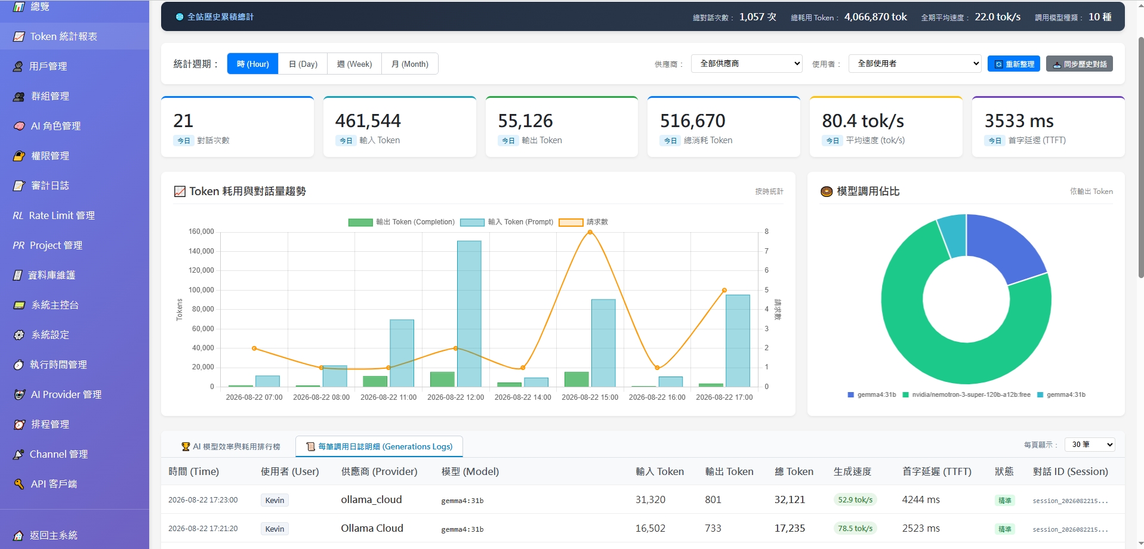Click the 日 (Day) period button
click(x=303, y=64)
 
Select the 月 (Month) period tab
click(x=409, y=64)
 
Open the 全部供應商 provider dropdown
click(x=747, y=63)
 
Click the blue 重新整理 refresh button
click(x=1014, y=64)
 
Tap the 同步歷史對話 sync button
click(x=1080, y=64)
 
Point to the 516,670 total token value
click(x=693, y=121)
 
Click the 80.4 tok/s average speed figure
click(x=863, y=121)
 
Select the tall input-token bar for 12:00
click(x=469, y=314)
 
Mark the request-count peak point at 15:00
click(x=590, y=232)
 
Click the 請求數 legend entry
click(x=584, y=222)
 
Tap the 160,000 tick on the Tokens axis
click(x=201, y=232)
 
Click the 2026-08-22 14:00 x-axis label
click(x=523, y=397)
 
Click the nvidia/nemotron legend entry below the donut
click(x=967, y=394)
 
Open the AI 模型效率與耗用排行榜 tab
click(x=230, y=446)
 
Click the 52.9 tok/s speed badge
click(x=855, y=500)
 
